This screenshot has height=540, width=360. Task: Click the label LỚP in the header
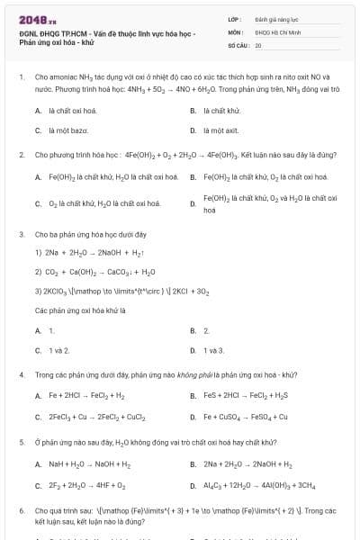click(x=232, y=18)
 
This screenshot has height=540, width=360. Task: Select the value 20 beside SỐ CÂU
click(x=258, y=44)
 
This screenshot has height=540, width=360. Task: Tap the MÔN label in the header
click(x=233, y=31)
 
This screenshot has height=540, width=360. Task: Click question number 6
click(x=21, y=510)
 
